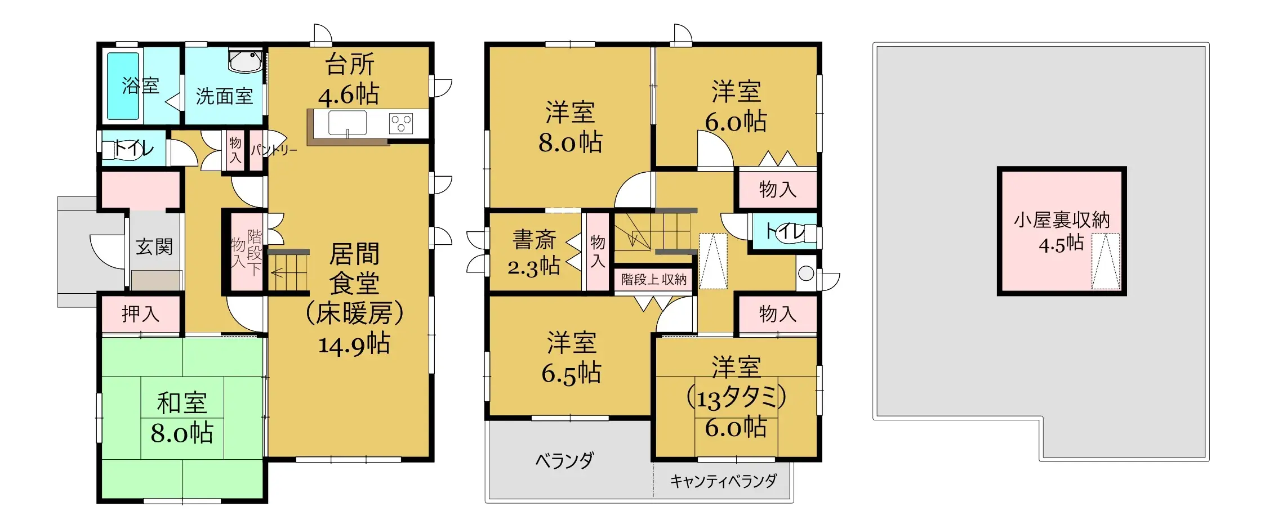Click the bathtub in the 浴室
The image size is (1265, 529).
click(123, 86)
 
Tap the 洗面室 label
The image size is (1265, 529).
click(224, 97)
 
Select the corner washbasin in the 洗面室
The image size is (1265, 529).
click(246, 61)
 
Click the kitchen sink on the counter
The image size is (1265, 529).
click(348, 123)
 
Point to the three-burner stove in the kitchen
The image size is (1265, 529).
click(401, 123)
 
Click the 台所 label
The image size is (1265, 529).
click(350, 65)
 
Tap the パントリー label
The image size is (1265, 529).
click(274, 150)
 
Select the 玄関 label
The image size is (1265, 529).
click(154, 246)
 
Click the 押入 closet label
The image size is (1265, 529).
click(141, 313)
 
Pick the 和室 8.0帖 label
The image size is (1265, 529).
click(182, 418)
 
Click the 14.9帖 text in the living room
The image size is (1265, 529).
click(354, 343)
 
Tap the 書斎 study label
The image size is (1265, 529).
click(534, 240)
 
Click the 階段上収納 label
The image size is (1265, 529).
click(654, 280)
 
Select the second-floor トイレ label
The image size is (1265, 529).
click(785, 231)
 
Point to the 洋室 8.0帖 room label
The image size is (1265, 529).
click(570, 128)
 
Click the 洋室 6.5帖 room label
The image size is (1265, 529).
click(571, 358)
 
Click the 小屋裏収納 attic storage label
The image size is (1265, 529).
click(1062, 220)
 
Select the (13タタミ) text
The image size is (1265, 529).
click(736, 398)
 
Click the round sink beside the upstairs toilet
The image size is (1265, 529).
click(806, 274)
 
